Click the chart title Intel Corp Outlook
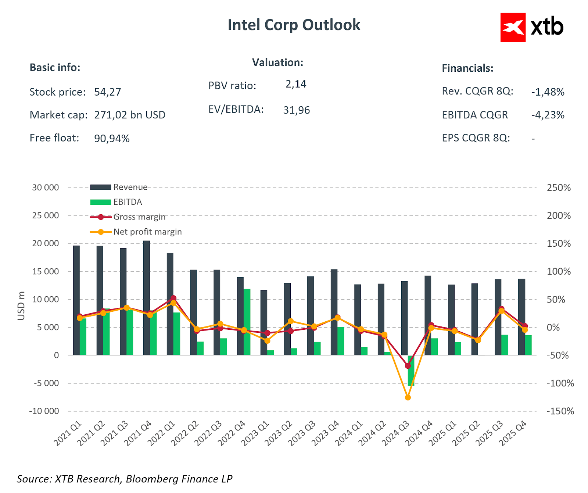[294, 25]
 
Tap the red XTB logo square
[513, 28]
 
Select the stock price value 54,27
[107, 92]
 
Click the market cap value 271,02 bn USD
[129, 115]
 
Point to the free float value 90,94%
[112, 139]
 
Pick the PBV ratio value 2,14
[296, 84]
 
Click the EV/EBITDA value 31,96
[296, 110]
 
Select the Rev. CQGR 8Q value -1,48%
[548, 92]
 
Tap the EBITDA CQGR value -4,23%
[548, 115]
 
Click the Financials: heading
[467, 68]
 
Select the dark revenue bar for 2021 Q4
[147, 298]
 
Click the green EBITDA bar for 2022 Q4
[247, 322]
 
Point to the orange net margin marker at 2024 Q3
[408, 397]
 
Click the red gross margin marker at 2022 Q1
[173, 298]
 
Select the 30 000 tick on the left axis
[46, 187]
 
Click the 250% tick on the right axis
[559, 188]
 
